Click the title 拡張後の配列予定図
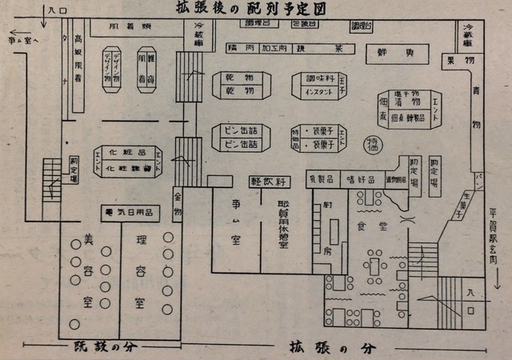click(x=254, y=10)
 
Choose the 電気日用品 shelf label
click(x=128, y=212)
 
